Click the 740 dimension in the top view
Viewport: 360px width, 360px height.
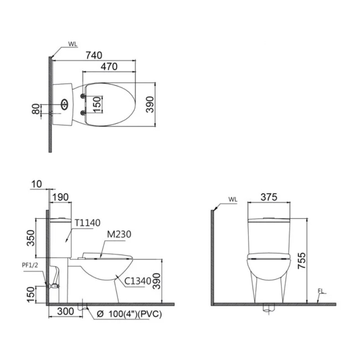tap(94, 55)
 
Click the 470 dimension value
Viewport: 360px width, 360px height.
tap(109, 67)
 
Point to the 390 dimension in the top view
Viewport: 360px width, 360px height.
tap(150, 104)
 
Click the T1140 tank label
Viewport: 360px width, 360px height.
tap(87, 223)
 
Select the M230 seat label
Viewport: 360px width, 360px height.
tap(119, 234)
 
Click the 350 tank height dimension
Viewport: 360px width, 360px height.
tap(31, 238)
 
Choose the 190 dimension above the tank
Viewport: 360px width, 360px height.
tap(60, 197)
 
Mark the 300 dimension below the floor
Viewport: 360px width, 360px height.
tap(65, 312)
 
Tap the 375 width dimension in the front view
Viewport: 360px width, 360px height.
tap(269, 197)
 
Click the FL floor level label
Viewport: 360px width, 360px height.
tap(321, 291)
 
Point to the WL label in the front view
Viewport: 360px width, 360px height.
tap(233, 199)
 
